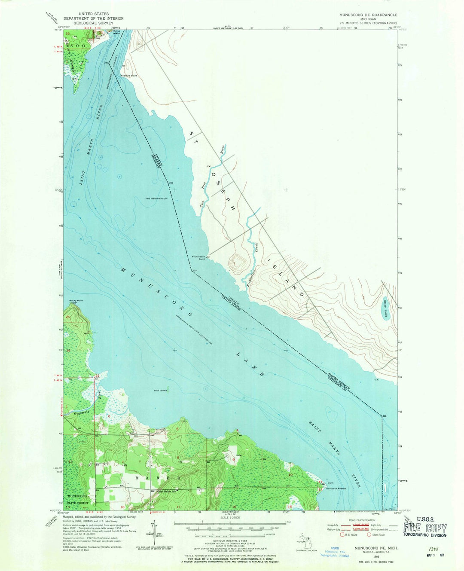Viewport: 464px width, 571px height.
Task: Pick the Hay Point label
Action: [389, 509]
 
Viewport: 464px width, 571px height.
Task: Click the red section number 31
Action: [98, 376]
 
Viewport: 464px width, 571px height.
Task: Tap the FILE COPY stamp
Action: [424, 528]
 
